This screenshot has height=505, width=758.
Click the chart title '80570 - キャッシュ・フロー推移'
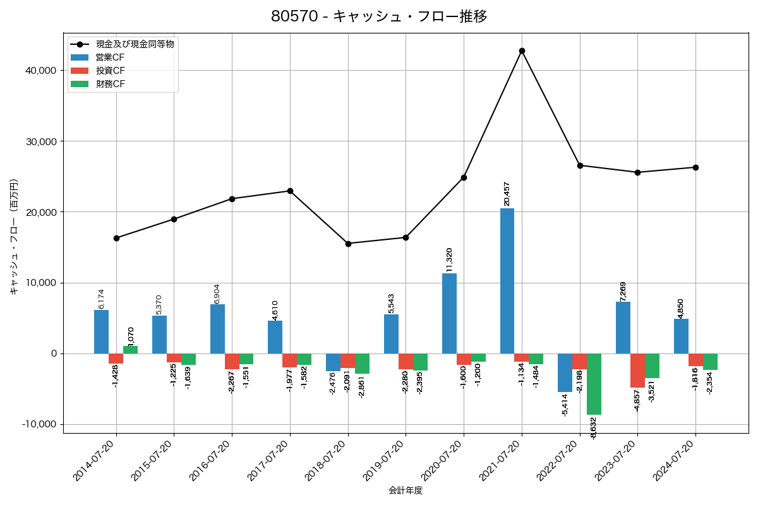coord(379,16)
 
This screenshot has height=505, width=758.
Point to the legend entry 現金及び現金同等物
coord(135,44)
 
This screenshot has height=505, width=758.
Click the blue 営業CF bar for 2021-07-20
coord(507,281)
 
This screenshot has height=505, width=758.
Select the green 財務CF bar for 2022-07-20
coord(594,384)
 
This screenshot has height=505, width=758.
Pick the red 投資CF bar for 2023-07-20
coord(637,371)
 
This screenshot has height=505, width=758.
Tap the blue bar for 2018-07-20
coord(333,362)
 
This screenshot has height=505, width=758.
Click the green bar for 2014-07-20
coord(131,350)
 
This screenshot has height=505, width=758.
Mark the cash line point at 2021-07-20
coord(522,50)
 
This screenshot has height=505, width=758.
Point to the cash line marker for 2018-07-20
coord(348,244)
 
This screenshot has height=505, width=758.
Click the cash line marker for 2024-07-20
coord(695,167)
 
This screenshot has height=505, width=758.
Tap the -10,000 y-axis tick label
coord(39,424)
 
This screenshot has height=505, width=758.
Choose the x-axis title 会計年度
coord(406,490)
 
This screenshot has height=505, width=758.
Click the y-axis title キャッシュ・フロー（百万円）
coord(14,237)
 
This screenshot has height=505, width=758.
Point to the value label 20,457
coord(507,194)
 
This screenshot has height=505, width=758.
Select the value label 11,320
coord(449,259)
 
